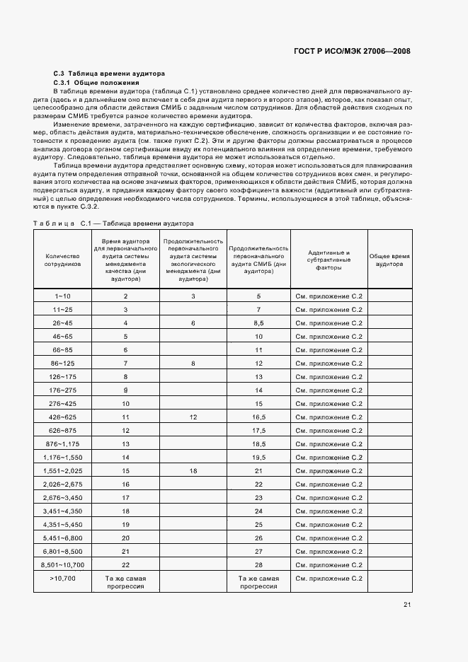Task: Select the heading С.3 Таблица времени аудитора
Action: [x=110, y=73]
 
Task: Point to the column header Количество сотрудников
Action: [x=62, y=260]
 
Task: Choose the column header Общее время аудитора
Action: [x=389, y=260]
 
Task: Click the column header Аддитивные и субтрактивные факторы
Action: [x=329, y=260]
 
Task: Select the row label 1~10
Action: [x=62, y=296]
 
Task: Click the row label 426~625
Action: [x=62, y=417]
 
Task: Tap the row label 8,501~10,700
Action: [x=62, y=564]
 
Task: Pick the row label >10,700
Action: [x=62, y=578]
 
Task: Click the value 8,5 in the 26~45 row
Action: [x=258, y=323]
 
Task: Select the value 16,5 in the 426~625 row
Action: [x=258, y=417]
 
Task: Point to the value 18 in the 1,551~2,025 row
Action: [x=193, y=470]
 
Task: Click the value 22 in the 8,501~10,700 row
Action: [x=125, y=564]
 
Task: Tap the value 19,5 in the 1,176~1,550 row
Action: [x=258, y=458]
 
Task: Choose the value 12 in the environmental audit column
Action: [x=193, y=417]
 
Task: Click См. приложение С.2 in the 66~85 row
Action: [x=329, y=350]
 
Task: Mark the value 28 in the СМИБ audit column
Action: [x=258, y=564]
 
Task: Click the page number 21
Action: [x=407, y=604]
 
